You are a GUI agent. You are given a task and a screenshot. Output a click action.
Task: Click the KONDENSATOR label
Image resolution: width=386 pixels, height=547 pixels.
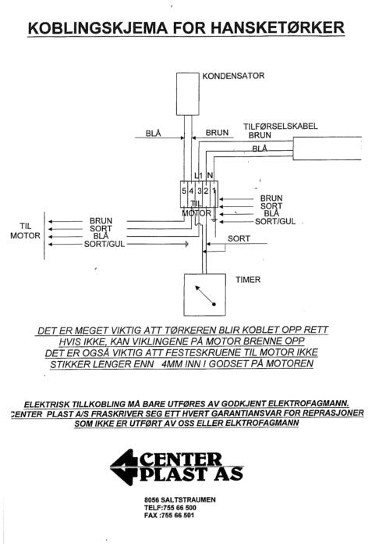click(233, 76)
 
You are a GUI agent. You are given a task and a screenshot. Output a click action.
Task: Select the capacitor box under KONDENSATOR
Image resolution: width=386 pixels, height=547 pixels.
click(188, 94)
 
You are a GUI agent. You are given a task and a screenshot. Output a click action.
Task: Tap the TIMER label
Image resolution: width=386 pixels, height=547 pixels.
click(248, 280)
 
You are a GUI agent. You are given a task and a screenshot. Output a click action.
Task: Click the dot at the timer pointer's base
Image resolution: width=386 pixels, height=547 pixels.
click(214, 304)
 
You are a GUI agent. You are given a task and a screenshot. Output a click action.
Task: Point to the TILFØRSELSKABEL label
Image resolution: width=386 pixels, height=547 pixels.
click(280, 126)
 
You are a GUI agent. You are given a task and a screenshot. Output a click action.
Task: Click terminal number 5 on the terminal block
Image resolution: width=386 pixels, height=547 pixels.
click(184, 191)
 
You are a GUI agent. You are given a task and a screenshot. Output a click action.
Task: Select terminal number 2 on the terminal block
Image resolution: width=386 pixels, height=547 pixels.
click(206, 191)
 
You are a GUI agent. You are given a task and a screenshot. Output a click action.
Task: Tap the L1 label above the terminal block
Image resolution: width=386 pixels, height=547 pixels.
click(198, 176)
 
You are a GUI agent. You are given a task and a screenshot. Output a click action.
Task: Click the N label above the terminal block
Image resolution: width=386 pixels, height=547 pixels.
click(210, 176)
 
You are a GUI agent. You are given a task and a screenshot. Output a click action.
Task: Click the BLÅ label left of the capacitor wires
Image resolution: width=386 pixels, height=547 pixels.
click(153, 134)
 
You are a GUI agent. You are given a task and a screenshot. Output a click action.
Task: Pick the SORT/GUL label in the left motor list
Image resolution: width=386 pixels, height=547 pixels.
click(104, 244)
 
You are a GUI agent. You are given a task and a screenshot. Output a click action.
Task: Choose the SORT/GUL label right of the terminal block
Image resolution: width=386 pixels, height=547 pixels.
click(275, 221)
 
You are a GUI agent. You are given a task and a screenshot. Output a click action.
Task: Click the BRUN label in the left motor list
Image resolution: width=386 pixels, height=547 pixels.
click(101, 221)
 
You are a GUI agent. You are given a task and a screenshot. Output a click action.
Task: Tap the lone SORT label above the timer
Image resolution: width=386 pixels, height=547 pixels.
click(239, 238)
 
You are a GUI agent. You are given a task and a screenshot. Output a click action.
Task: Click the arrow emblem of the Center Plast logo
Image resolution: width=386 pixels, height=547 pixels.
click(124, 467)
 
